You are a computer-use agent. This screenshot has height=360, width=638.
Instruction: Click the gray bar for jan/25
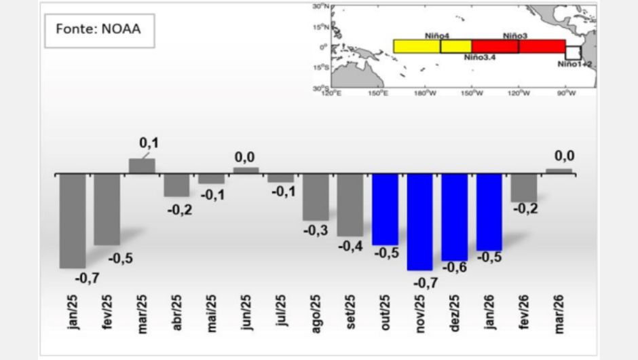[73, 221]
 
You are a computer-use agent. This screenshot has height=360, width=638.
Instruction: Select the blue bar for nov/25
[419, 222]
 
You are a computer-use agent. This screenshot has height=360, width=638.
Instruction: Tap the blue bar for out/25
[385, 209]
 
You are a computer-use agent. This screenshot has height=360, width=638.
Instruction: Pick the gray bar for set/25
[350, 205]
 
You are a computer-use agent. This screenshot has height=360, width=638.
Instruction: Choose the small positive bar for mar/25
[142, 166]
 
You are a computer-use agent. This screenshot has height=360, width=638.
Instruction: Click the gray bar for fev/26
[524, 188]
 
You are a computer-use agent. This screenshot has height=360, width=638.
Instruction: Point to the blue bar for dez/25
[454, 217]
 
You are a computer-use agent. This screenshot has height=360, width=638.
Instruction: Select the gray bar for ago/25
[316, 197]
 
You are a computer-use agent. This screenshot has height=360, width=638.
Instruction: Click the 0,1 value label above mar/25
[148, 143]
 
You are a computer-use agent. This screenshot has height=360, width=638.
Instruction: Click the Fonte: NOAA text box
[100, 31]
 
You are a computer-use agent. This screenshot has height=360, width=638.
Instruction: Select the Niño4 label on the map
[435, 35]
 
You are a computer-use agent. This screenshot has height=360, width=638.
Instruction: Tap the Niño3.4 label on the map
[480, 58]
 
